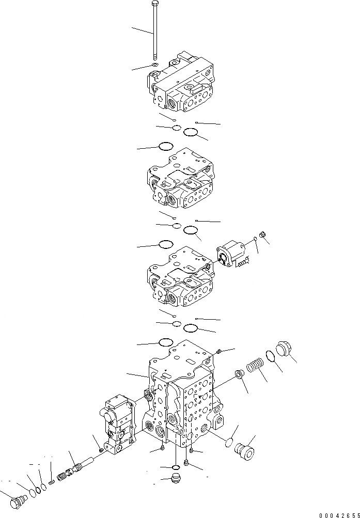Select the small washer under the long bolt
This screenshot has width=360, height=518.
154,65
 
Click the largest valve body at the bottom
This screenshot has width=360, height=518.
183,398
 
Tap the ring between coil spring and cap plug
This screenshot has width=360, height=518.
270,356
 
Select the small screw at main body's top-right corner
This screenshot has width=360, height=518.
220,351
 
